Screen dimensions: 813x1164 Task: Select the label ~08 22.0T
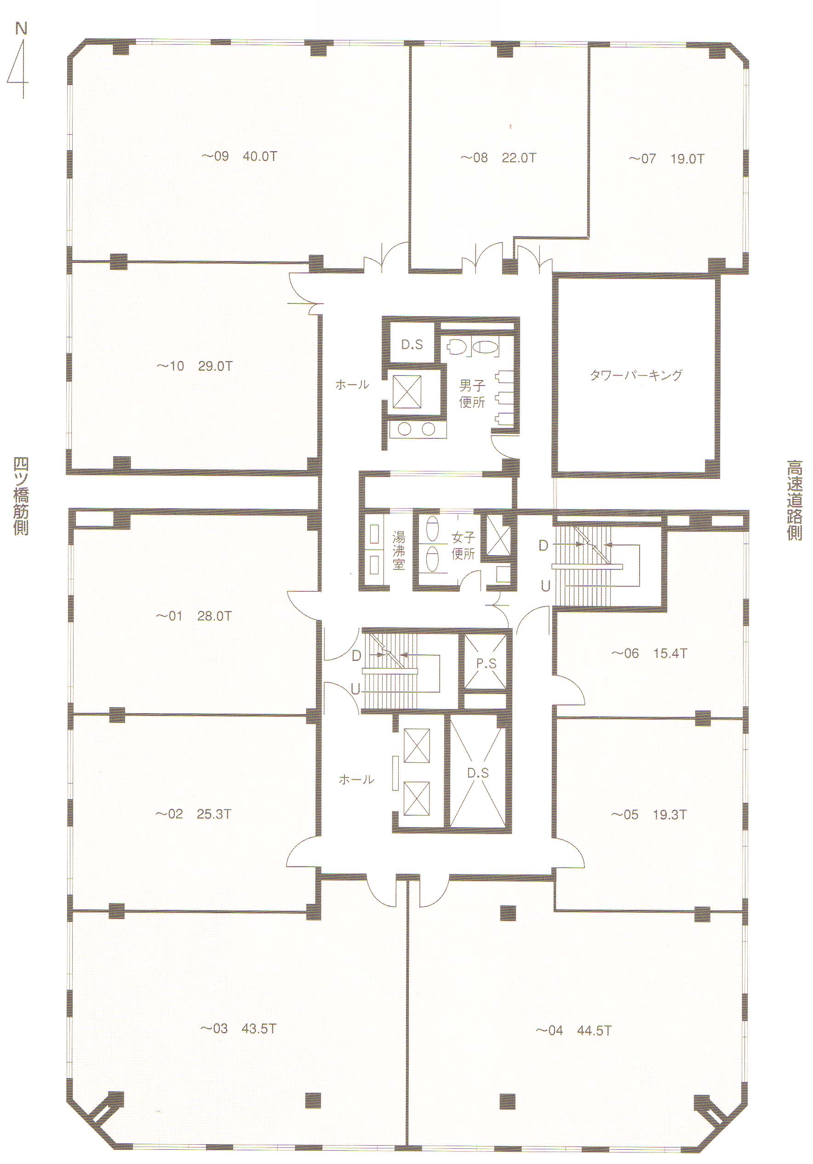click(x=498, y=158)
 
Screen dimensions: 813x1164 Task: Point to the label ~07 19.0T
click(x=666, y=159)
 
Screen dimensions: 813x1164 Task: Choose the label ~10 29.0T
click(x=194, y=366)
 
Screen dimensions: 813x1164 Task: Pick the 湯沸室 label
click(x=399, y=551)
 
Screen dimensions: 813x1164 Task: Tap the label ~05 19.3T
click(x=649, y=815)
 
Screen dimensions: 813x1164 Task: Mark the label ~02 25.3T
click(x=193, y=814)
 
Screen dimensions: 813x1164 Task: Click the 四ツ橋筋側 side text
click(x=21, y=496)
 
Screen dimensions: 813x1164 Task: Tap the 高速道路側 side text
click(x=794, y=500)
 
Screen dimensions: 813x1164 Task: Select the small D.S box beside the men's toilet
click(x=412, y=345)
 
